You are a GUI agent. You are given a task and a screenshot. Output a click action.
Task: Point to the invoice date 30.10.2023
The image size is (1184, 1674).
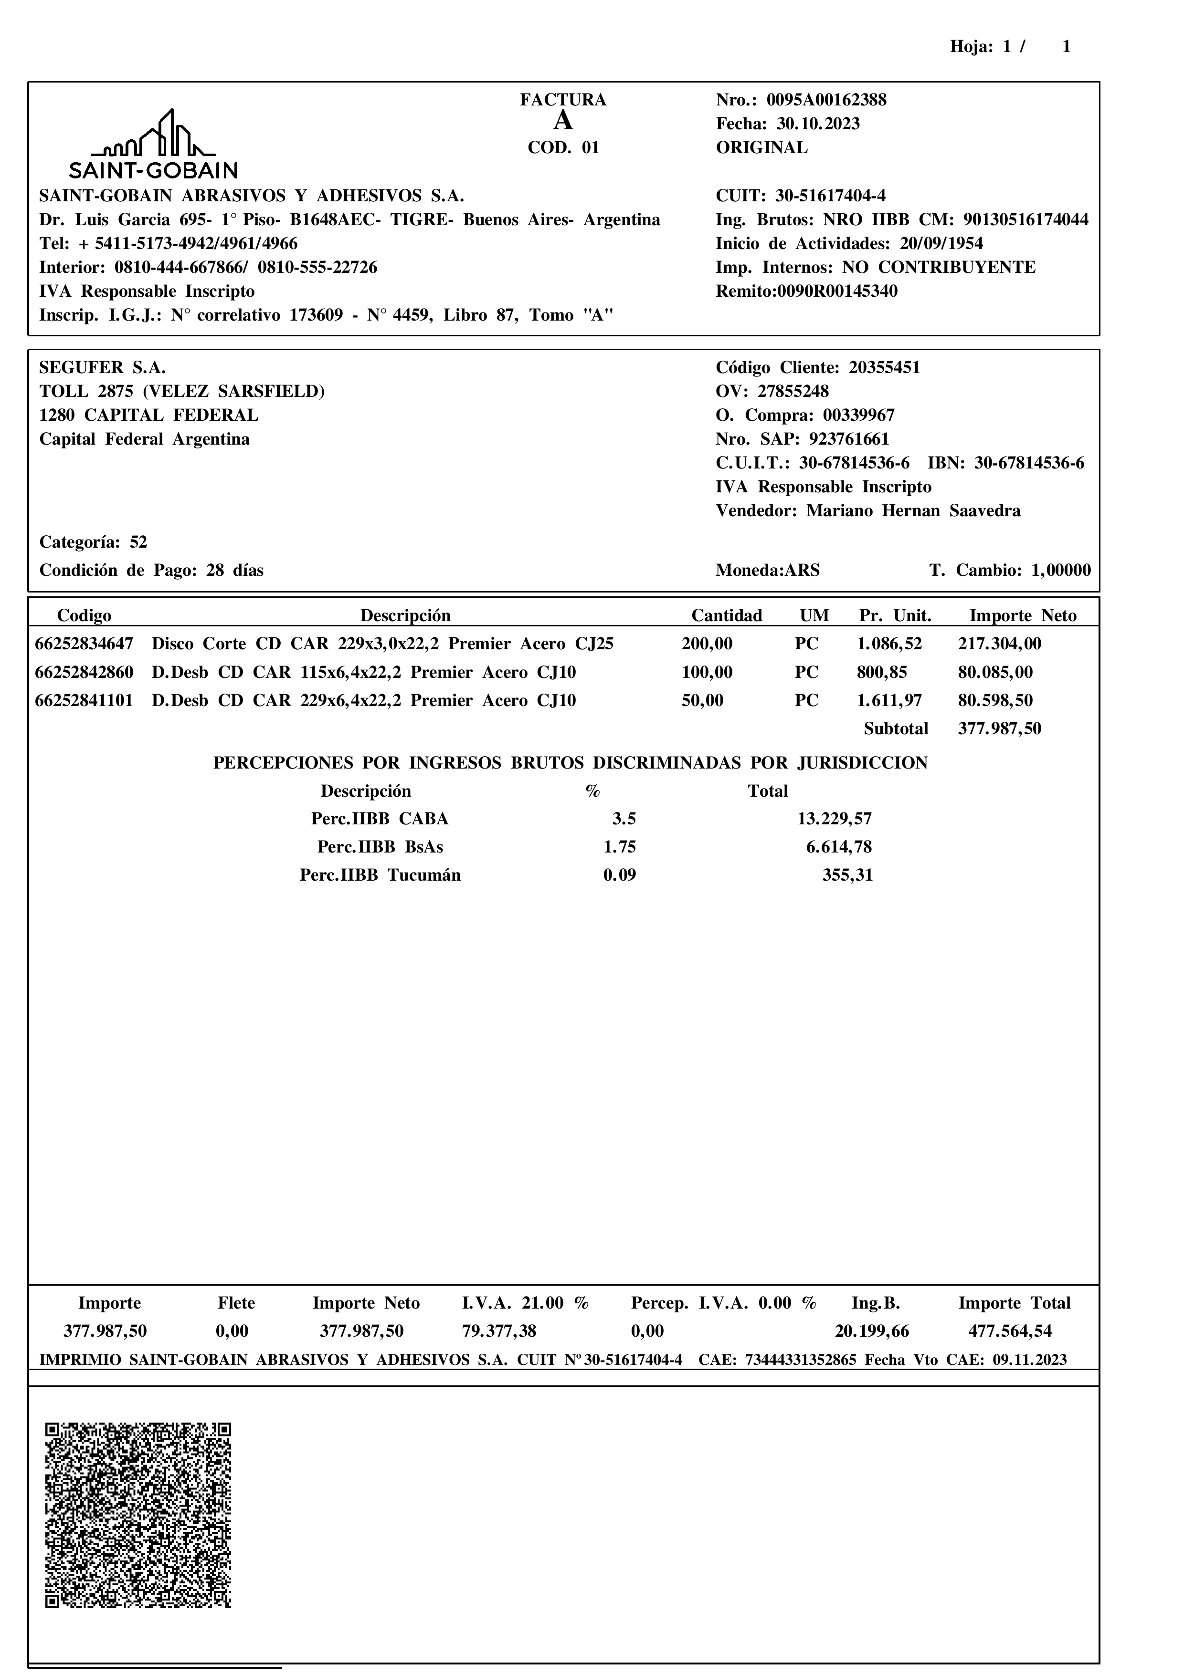tap(818, 124)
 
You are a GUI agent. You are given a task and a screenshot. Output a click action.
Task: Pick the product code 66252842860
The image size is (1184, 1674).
tap(85, 672)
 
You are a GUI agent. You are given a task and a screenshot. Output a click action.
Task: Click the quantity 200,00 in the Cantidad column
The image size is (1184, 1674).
tap(707, 644)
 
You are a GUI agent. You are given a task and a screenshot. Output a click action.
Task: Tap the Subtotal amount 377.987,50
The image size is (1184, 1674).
tap(999, 729)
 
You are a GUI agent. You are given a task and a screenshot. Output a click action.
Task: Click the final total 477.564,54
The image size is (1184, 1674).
tap(1010, 1331)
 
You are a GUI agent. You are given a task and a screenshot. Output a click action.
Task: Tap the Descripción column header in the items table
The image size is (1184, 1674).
tap(406, 616)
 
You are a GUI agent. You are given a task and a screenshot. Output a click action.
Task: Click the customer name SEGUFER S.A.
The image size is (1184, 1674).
tap(103, 367)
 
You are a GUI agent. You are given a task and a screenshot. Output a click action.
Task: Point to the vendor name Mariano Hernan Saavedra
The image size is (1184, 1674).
tap(913, 511)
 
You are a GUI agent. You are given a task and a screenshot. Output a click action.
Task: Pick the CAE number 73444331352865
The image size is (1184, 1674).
tap(800, 1360)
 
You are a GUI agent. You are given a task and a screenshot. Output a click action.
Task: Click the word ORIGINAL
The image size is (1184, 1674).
tap(761, 148)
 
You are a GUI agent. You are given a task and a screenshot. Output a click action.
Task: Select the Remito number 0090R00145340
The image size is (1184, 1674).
tap(837, 291)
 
